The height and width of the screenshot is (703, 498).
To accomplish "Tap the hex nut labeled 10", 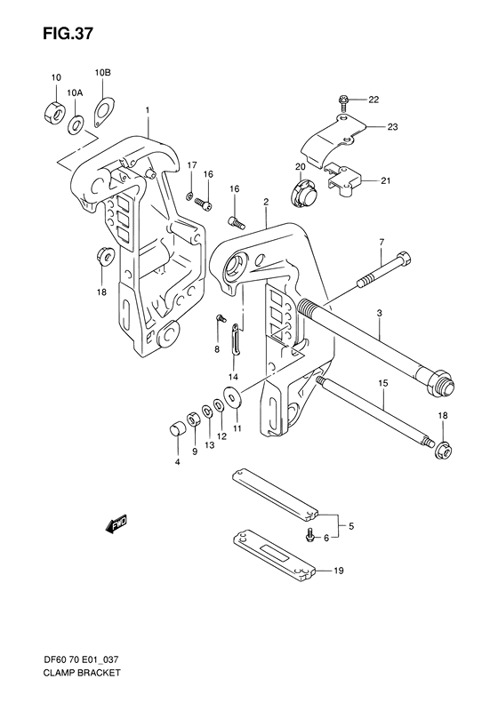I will coord(52,113).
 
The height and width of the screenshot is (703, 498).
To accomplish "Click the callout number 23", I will coord(392,128).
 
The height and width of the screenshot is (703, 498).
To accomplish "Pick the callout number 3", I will coord(379,314).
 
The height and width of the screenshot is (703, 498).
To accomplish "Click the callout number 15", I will coord(383,383).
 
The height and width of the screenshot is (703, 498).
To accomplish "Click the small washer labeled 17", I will coord(190,195).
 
